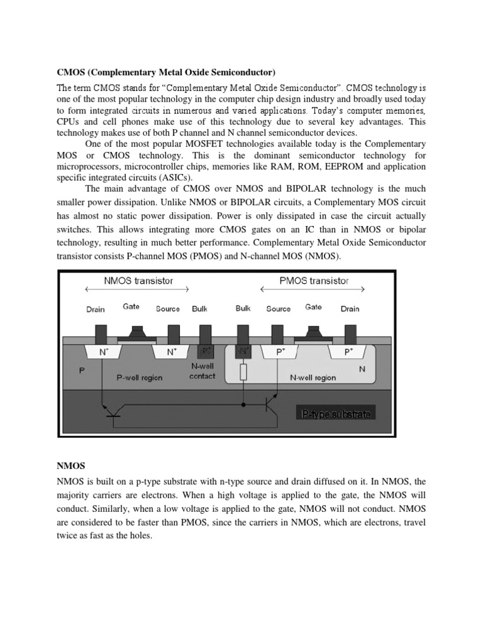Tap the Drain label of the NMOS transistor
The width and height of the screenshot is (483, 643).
coord(95,309)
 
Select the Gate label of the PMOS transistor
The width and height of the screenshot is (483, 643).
coord(313,307)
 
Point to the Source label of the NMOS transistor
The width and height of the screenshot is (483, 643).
coord(168,309)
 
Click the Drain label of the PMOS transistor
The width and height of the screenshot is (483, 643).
coord(350,309)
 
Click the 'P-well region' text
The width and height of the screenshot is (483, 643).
coord(140,377)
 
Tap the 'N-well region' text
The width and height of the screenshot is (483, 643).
coord(312,377)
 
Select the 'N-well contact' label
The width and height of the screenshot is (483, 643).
coord(203,372)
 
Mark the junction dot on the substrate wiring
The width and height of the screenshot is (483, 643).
coord(243,406)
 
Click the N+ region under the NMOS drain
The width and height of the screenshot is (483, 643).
coord(101,352)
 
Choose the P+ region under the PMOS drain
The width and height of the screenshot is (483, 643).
coord(348,352)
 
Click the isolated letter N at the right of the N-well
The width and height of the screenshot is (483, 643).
coord(362,370)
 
